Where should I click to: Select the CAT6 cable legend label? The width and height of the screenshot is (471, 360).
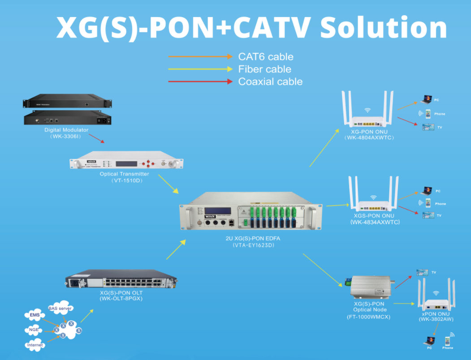pos(266,57)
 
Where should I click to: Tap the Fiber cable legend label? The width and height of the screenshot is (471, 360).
pos(264,69)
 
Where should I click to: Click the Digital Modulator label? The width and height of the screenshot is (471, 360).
pos(66,130)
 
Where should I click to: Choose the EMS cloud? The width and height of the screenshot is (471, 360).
pos(35,315)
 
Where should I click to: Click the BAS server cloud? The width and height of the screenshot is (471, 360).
pos(60,309)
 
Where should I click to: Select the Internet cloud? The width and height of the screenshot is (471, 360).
pos(35,345)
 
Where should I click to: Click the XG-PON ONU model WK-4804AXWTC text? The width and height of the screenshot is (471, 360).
pos(369,138)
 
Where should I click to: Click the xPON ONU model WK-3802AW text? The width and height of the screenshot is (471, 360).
pos(436,319)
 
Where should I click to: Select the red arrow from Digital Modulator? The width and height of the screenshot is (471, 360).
pos(100,139)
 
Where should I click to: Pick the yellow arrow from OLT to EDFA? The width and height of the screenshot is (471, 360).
pos(176,249)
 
